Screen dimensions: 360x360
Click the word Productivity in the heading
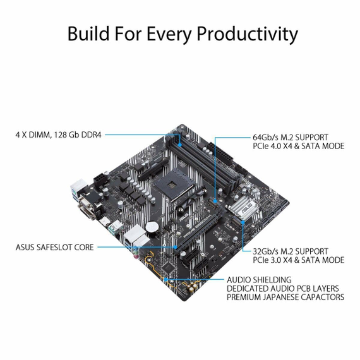click(248, 35)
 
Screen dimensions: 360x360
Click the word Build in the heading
click(88, 33)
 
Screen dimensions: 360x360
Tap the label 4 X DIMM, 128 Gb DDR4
click(58, 135)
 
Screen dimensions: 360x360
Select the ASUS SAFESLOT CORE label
click(55, 248)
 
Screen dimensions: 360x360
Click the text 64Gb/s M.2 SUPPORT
click(291, 137)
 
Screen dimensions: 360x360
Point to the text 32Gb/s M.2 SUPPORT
click(291, 251)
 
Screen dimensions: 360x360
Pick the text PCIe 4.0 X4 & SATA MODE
click(299, 146)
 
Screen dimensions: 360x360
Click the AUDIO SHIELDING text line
click(259, 280)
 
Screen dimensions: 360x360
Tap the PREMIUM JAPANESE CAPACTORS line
click(285, 297)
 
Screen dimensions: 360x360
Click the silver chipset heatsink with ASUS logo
click(243, 206)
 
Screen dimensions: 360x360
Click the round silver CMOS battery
click(152, 227)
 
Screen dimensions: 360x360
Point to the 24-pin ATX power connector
click(220, 153)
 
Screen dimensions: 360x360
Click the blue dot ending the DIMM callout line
click(181, 145)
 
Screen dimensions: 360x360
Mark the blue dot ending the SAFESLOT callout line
click(176, 248)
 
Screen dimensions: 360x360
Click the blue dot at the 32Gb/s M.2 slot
click(243, 222)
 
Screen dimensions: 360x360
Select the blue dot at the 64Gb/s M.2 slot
click(215, 201)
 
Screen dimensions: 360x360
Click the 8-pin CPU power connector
click(100, 180)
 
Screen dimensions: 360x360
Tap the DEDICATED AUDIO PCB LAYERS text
click(283, 289)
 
